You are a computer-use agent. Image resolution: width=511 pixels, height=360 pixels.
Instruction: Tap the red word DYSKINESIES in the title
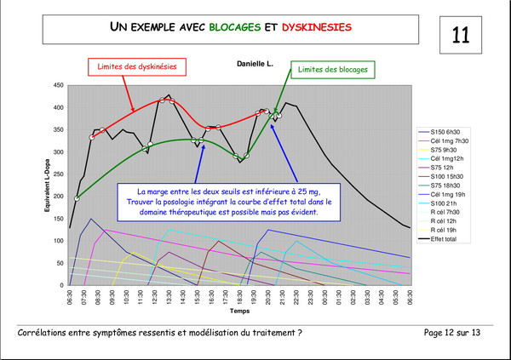coord(316,27)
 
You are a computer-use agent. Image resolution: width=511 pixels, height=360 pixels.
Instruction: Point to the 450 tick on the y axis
coord(57,85)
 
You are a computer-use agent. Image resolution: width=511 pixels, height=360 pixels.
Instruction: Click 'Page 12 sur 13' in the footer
coord(457,332)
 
